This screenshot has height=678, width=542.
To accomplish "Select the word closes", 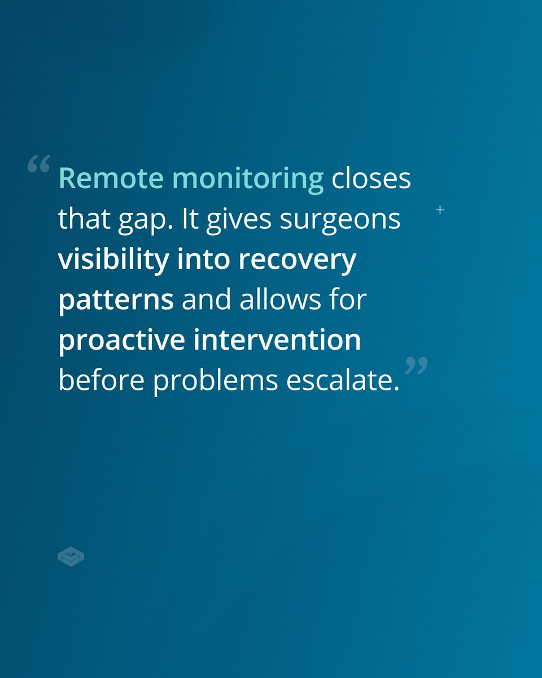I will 371,179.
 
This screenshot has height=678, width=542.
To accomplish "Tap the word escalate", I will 343,381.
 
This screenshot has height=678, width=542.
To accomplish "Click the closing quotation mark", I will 417,366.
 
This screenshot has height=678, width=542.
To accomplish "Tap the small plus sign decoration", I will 440,210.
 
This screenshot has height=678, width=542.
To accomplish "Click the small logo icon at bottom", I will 71,557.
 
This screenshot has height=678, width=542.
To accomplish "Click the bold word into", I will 205,260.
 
